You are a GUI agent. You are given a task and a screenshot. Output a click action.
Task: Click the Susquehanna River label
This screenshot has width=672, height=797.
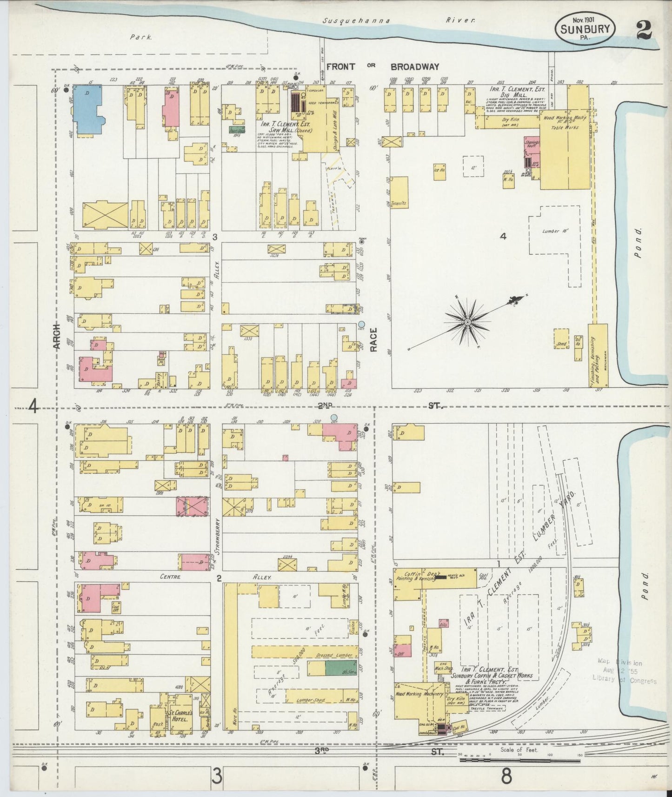click(x=399, y=21)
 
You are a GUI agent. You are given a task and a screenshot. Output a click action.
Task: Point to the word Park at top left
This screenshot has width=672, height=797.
click(x=141, y=37)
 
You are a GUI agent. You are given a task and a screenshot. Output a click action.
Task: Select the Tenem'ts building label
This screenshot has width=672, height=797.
click(x=399, y=203)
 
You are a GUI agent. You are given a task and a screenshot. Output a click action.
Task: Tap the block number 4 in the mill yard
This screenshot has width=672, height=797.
click(x=503, y=236)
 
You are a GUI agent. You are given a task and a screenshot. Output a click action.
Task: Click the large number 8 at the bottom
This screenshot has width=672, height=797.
click(x=506, y=776)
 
